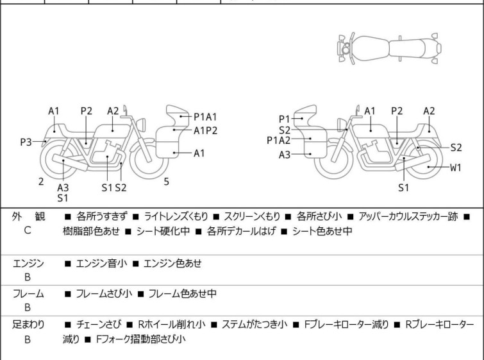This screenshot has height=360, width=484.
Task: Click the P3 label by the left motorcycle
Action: [26, 142]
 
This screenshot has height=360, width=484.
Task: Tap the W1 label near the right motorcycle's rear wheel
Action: [455, 168]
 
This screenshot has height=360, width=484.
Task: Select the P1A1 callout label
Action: [205, 117]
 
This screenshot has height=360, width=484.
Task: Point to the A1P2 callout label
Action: [205, 130]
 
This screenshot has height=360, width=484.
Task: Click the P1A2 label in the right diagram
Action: [279, 141]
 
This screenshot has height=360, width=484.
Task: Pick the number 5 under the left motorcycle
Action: [167, 182]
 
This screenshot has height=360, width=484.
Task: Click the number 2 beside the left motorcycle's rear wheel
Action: [41, 182]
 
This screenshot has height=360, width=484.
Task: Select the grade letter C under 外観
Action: [28, 230]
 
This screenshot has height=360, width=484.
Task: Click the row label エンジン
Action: [28, 263]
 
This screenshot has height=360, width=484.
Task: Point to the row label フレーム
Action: [28, 294]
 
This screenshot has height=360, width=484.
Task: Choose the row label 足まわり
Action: [28, 325]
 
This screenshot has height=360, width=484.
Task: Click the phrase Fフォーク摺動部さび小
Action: [140, 339]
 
